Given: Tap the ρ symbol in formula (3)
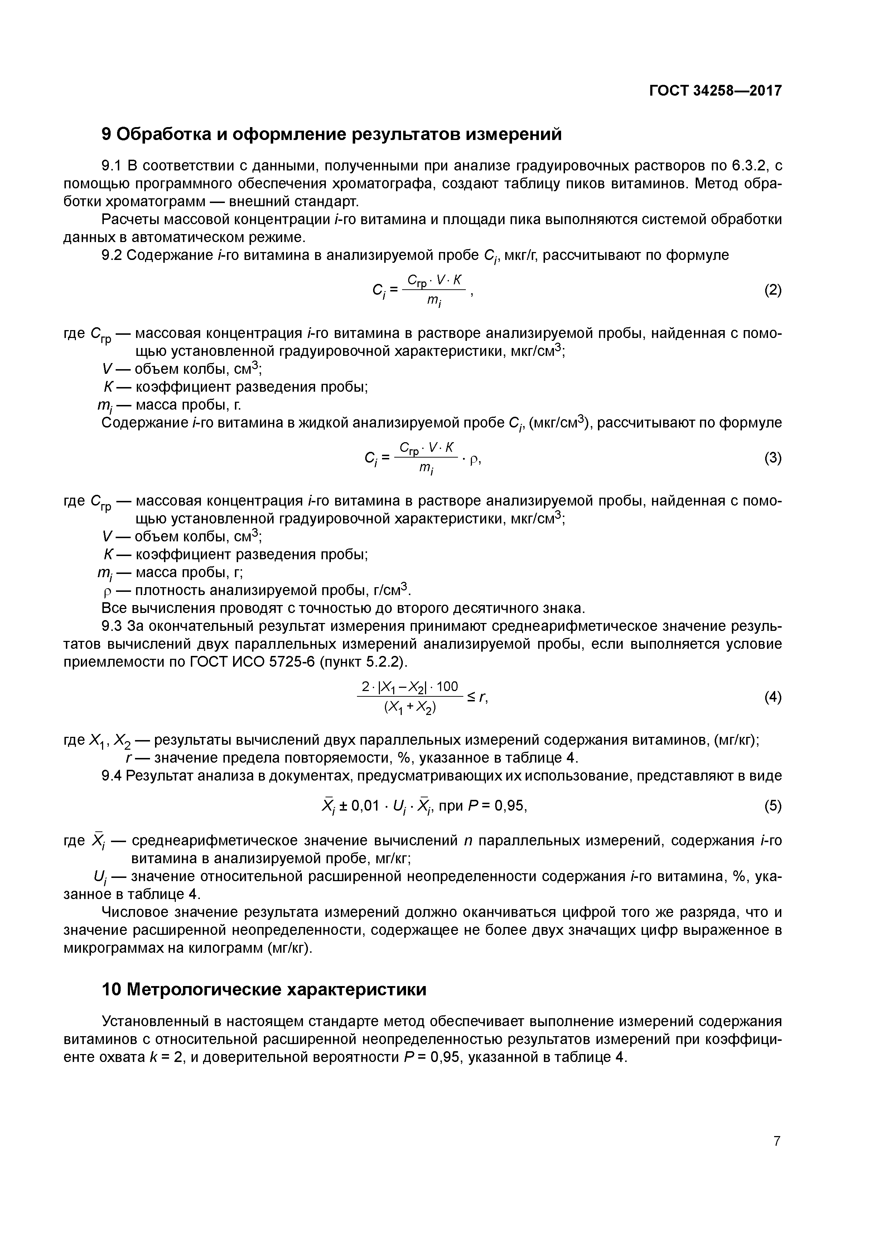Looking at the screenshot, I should pos(473,460).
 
